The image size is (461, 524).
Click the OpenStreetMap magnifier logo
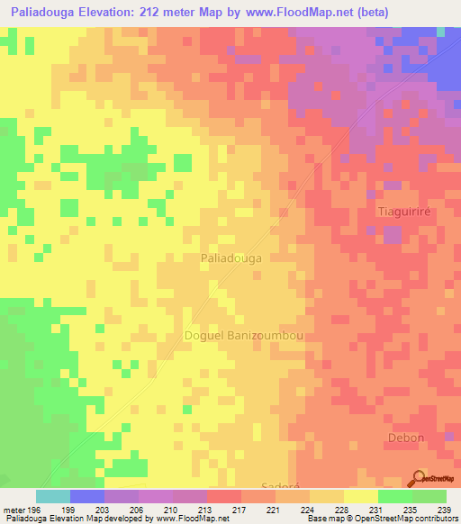(x=419, y=479)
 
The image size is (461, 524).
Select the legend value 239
(x=442, y=510)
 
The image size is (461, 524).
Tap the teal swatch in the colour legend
(x=52, y=496)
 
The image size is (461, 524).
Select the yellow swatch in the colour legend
(x=360, y=496)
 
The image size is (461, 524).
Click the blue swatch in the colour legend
(x=86, y=496)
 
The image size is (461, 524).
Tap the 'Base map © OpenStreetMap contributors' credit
(x=382, y=519)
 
